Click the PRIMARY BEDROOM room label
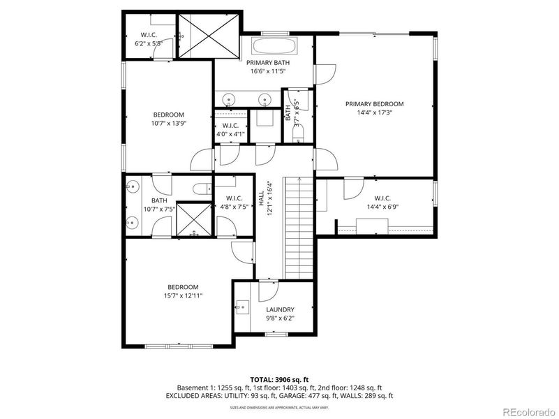374,104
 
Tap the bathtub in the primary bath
274,48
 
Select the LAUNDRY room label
280,309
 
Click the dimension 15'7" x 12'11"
182,295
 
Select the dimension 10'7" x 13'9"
168,124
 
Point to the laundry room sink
241,306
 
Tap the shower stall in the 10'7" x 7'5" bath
193,219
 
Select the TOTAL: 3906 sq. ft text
279,379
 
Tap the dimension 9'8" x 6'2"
280,318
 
